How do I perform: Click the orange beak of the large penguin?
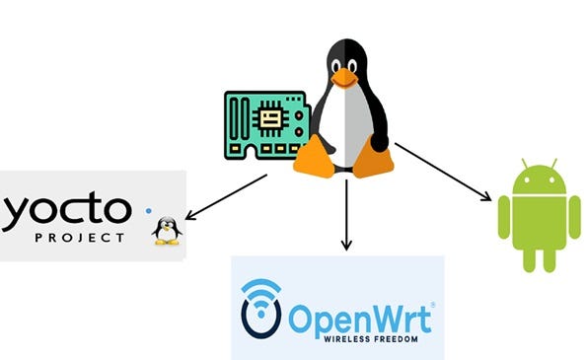344,76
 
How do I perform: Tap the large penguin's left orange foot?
313,156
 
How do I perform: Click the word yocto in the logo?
65,209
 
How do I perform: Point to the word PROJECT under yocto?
79,238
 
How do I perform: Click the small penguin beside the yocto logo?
168,230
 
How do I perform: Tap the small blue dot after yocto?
149,210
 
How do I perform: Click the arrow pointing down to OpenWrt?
345,212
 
